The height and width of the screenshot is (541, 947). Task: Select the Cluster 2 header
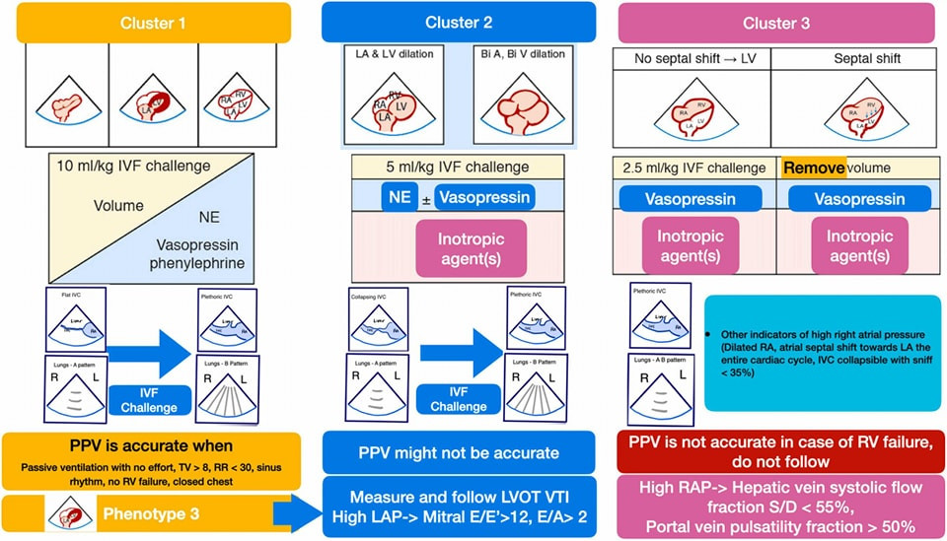pos(459,22)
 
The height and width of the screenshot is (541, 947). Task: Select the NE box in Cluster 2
pos(400,198)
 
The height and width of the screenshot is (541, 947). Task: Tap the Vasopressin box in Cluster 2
pos(482,198)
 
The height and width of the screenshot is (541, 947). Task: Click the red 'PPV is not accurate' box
pos(777,451)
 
